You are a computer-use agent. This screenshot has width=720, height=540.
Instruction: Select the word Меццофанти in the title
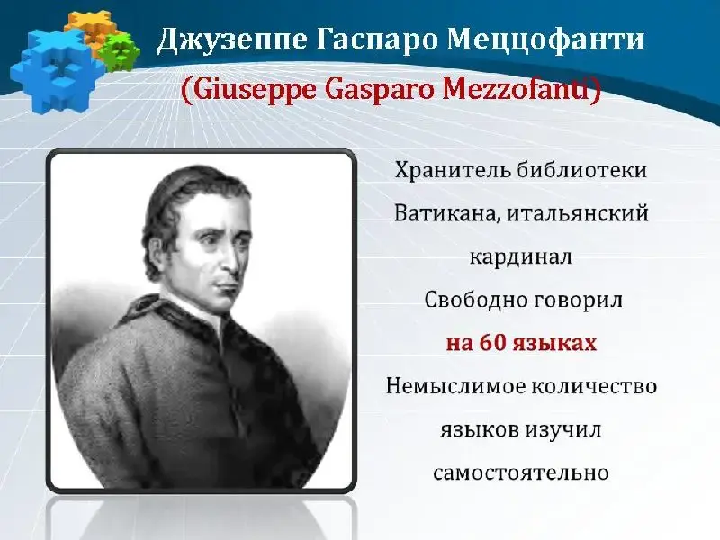545,40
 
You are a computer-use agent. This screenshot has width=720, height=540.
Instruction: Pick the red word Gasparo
379,91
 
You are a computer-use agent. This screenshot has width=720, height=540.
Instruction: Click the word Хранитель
453,170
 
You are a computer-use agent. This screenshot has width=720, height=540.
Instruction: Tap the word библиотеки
581,170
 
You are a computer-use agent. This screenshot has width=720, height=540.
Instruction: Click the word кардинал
521,256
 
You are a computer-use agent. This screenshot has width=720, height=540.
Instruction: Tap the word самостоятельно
521,472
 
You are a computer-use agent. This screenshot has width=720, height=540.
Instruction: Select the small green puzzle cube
120,52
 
